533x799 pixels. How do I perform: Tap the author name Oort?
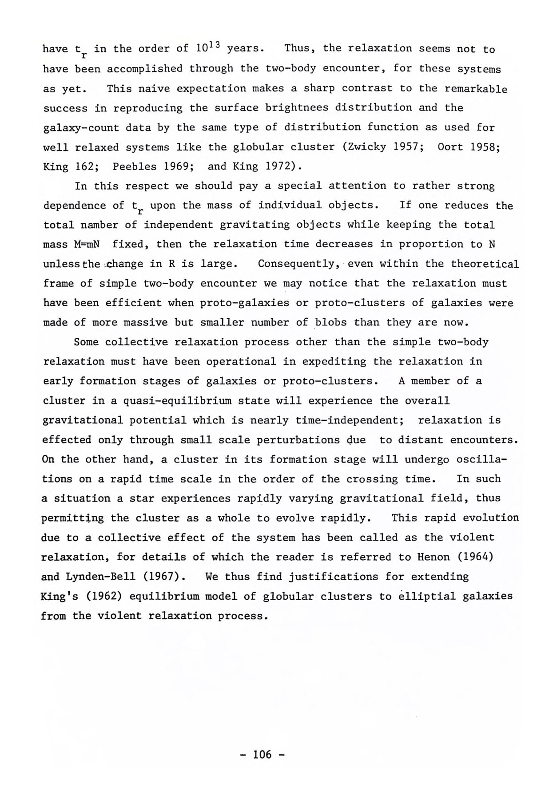point(450,147)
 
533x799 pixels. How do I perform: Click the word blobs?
point(330,322)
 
